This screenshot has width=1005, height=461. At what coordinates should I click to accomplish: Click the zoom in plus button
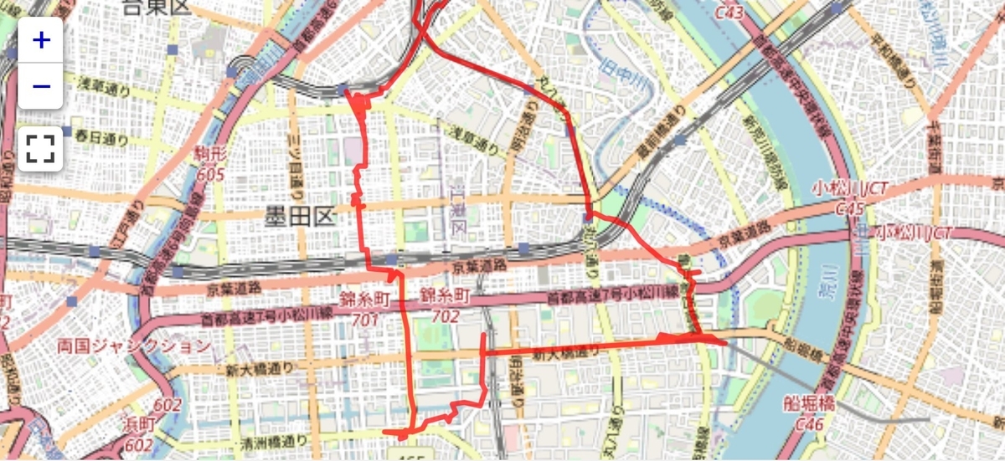pyautogui.click(x=40, y=39)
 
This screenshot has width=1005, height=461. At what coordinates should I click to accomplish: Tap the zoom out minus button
pyautogui.click(x=40, y=86)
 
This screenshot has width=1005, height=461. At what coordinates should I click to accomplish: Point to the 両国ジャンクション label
pyautogui.click(x=134, y=346)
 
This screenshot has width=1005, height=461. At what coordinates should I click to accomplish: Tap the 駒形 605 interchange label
pyautogui.click(x=210, y=164)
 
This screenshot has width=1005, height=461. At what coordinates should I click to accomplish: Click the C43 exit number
pyautogui.click(x=730, y=13)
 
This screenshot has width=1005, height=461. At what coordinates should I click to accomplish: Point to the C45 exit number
pyautogui.click(x=848, y=208)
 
